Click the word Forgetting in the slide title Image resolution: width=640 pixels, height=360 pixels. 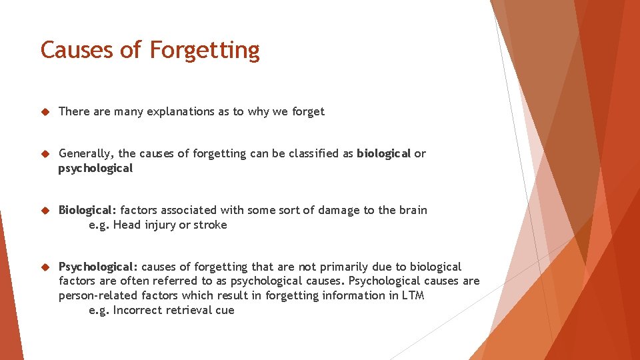click(x=205, y=51)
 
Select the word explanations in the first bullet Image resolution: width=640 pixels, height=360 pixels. click(x=179, y=112)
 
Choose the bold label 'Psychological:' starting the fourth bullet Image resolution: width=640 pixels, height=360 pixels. click(x=98, y=267)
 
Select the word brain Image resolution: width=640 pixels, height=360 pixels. click(x=413, y=211)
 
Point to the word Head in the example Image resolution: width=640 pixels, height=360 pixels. click(x=126, y=225)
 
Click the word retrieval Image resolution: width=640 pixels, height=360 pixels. click(x=187, y=310)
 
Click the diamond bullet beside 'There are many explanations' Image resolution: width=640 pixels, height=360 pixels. click(x=45, y=112)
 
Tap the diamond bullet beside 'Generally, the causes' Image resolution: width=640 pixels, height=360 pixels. click(x=45, y=154)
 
